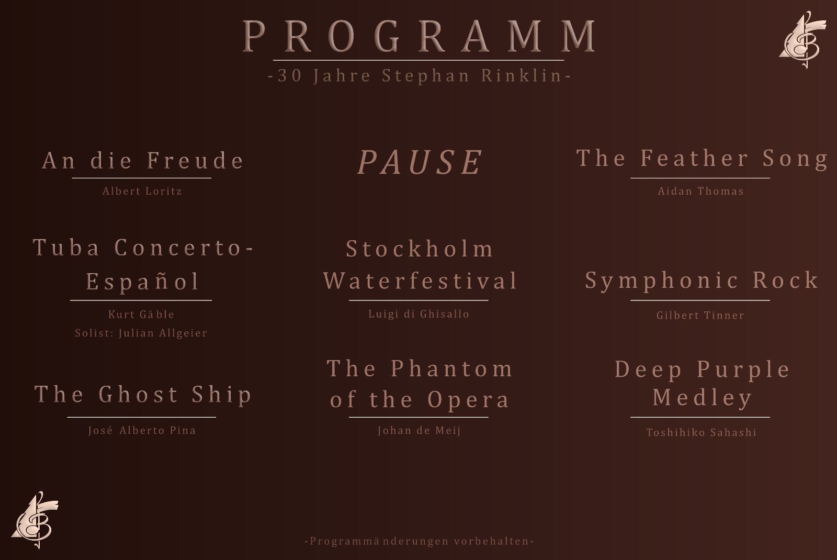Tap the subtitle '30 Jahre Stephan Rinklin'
coord(418,76)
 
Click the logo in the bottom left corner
coord(35,520)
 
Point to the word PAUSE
coord(420,162)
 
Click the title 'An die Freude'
coord(142,160)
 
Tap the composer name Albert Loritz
coord(142,191)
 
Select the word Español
coord(143,282)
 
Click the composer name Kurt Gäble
coord(141,315)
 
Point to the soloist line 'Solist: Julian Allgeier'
coord(141,333)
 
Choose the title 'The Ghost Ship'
coord(143,395)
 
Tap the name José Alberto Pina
coord(142,431)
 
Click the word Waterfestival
coord(420,281)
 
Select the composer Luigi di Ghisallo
coord(418,314)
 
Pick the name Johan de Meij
coord(419,431)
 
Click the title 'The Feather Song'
coord(702,158)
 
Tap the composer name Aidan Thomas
coord(700,191)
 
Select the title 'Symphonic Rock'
coord(702,281)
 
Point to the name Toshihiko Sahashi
coord(701,432)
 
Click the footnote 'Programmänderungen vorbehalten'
coord(419,541)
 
